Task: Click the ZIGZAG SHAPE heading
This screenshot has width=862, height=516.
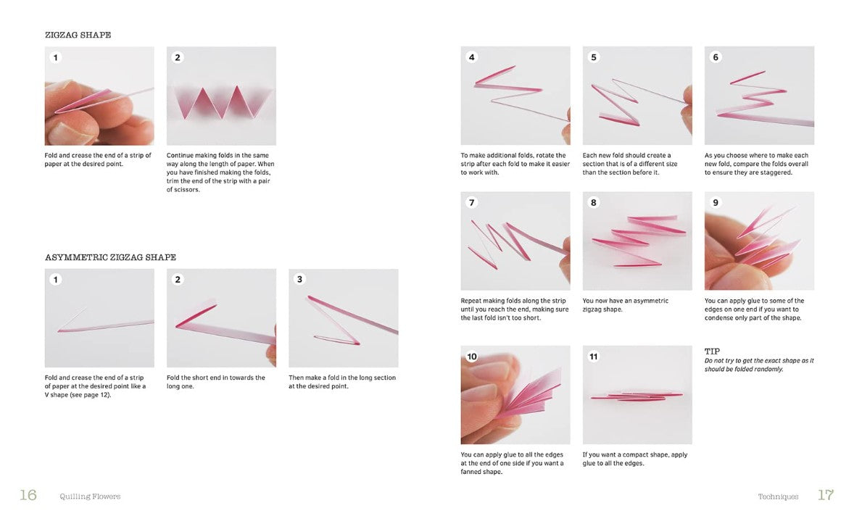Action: tap(78, 35)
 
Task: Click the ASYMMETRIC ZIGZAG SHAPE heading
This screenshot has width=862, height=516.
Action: tap(110, 257)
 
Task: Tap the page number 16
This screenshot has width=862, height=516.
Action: tap(28, 495)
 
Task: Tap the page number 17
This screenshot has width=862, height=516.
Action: tap(826, 495)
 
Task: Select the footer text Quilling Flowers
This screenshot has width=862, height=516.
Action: tap(90, 496)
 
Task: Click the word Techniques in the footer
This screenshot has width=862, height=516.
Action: tap(778, 496)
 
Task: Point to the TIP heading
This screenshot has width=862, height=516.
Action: tap(712, 351)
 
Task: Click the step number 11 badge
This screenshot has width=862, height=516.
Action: tap(593, 357)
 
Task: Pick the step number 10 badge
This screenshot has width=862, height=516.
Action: tap(472, 357)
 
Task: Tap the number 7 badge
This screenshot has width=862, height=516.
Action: tap(471, 203)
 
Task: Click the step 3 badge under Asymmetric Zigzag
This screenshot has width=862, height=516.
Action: tap(299, 279)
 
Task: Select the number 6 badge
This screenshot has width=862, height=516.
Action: tap(716, 57)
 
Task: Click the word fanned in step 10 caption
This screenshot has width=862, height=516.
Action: tap(471, 472)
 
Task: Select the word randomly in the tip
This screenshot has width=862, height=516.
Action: tap(768, 370)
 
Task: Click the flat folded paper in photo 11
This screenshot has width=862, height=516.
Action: tap(636, 396)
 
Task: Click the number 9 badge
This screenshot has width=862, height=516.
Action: tap(716, 203)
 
